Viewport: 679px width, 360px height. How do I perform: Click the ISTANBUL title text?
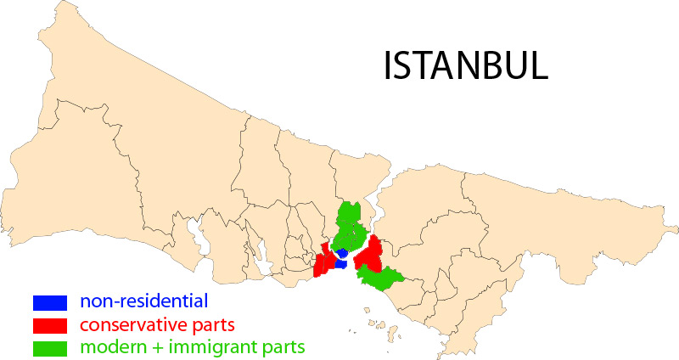tap(466, 66)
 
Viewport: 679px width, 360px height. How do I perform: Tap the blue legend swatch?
tap(49, 301)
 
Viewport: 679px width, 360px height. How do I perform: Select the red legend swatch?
tap(49, 324)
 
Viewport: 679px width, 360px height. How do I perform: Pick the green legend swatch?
tap(49, 347)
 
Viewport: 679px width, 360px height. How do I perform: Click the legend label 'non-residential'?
tap(143, 301)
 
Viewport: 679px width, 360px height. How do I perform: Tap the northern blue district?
tap(342, 253)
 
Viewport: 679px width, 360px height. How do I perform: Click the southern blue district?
tap(340, 264)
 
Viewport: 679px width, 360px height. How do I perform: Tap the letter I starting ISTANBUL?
tap(390, 66)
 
